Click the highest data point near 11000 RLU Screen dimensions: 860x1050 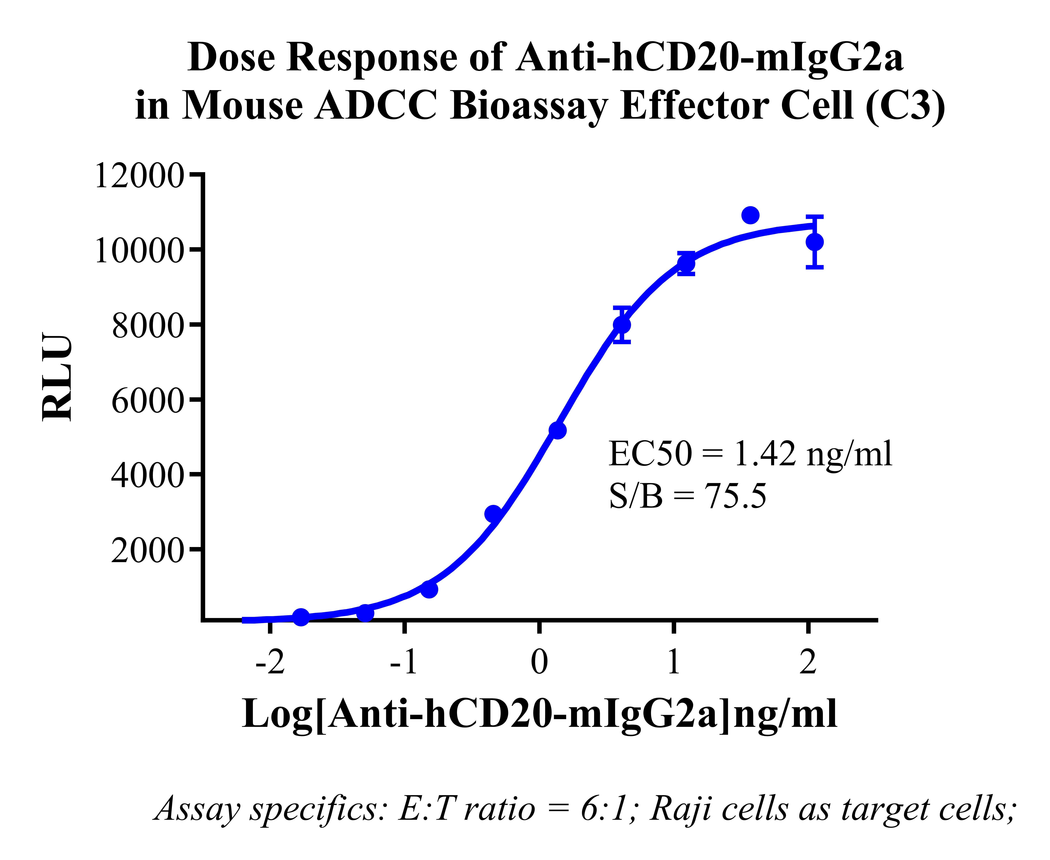point(750,215)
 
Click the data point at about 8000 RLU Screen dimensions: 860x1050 point(622,325)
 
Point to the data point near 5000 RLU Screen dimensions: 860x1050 point(558,431)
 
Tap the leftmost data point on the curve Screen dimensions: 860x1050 point(301,617)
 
